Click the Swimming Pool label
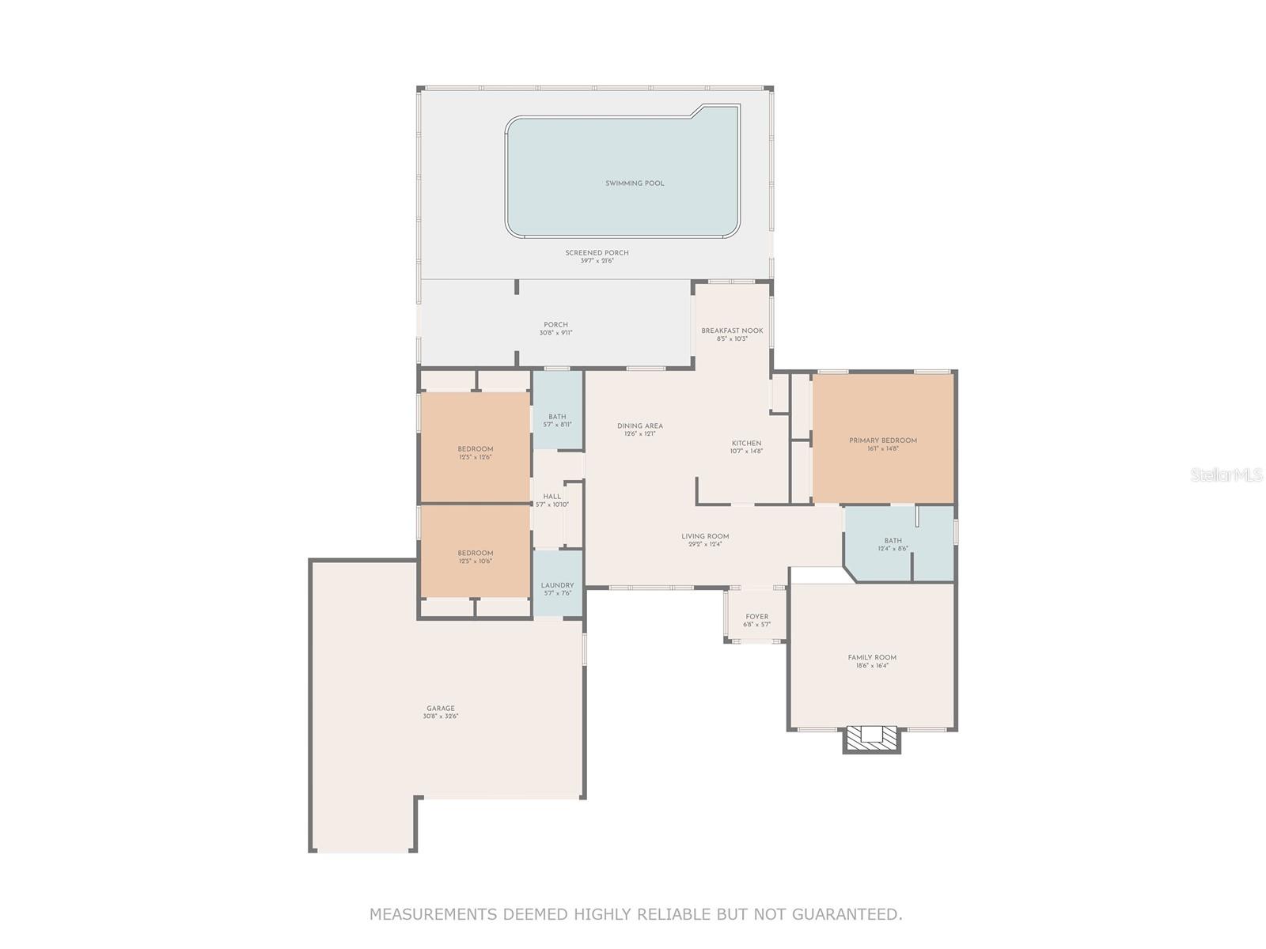(x=635, y=183)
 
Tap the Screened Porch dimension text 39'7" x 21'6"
(x=597, y=261)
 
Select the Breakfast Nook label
(x=732, y=331)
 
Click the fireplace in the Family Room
(x=872, y=739)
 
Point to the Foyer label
(x=756, y=617)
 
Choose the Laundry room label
(x=557, y=585)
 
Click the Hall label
(x=552, y=497)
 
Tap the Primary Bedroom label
(x=883, y=440)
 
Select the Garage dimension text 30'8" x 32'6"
(x=441, y=716)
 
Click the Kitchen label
(x=746, y=444)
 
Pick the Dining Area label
(x=640, y=425)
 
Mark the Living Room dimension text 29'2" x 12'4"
(x=705, y=544)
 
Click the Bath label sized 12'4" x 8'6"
(x=893, y=541)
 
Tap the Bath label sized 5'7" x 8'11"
(x=557, y=417)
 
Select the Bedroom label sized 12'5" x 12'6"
(x=475, y=449)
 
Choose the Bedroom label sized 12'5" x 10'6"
(x=475, y=553)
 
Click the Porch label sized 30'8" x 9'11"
(x=555, y=324)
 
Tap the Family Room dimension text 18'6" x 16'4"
(x=872, y=666)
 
